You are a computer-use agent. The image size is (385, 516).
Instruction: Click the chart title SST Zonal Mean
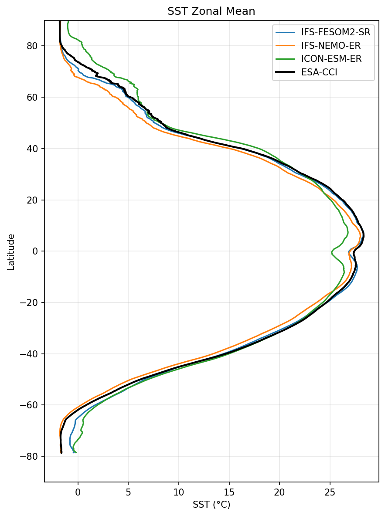[211, 12]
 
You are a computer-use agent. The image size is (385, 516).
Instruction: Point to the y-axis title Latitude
[11, 252]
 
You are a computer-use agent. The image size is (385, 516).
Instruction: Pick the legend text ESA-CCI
[319, 72]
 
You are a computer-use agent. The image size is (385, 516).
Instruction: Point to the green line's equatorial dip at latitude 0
[332, 251]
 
